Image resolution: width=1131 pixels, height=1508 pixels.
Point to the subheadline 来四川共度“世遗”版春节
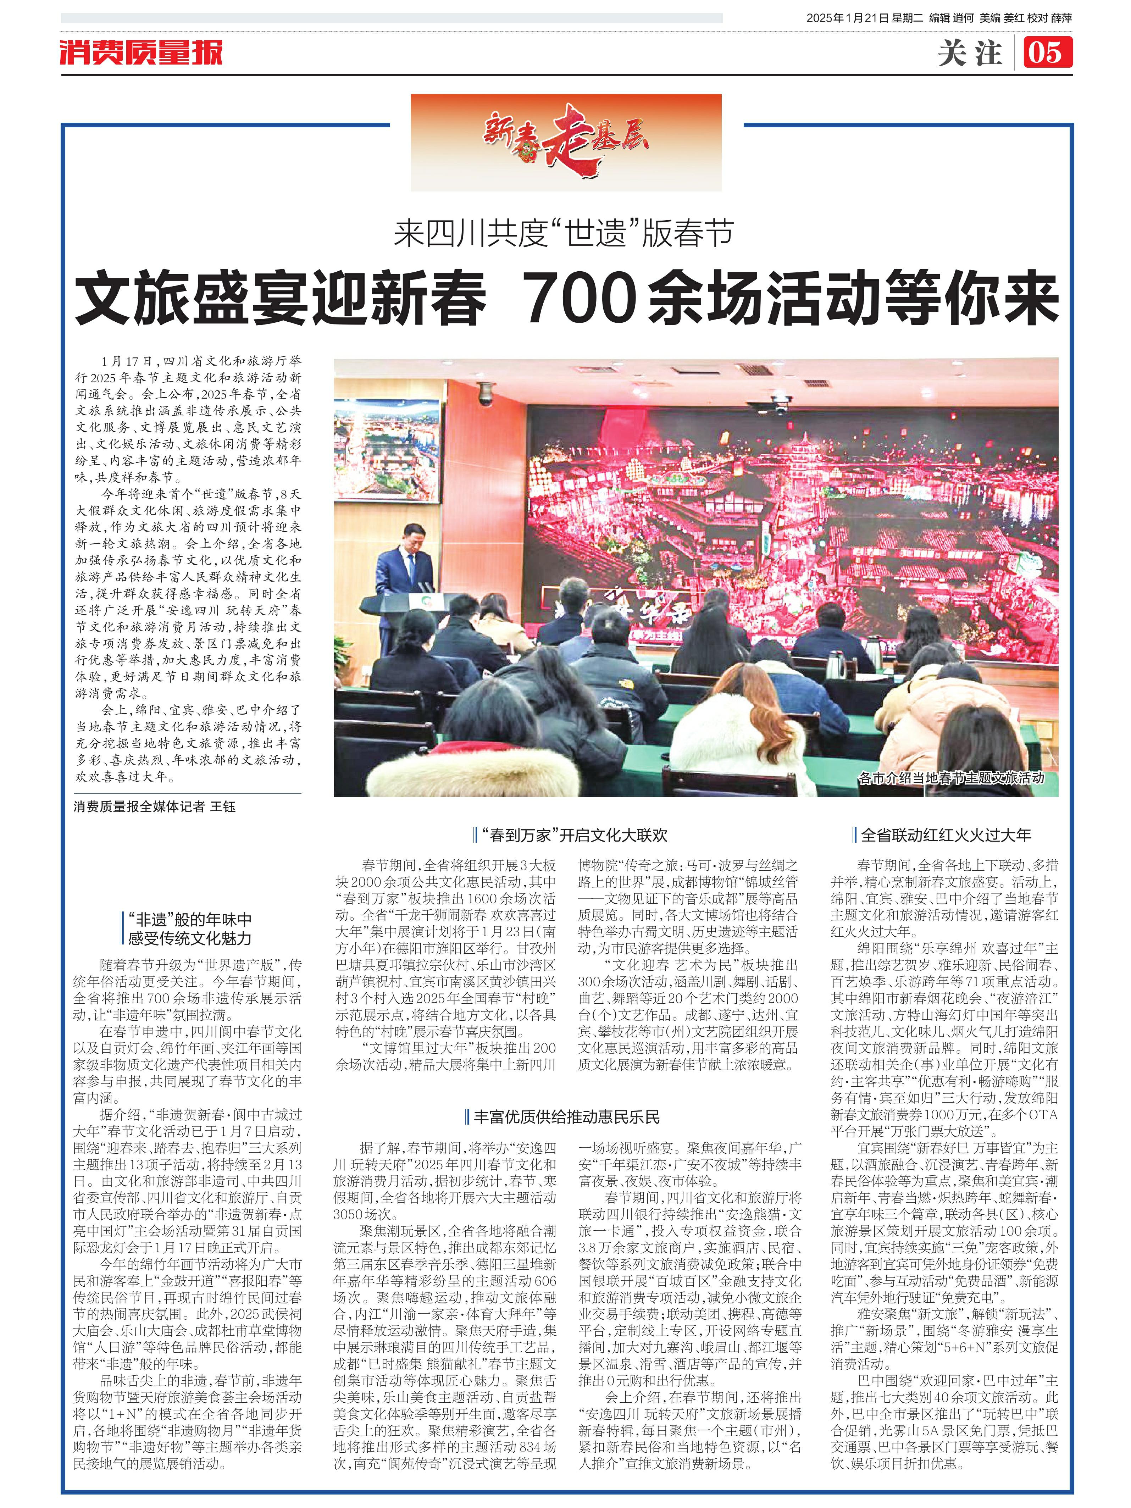coord(564,234)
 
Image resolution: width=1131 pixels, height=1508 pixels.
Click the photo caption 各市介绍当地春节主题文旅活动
coord(950,778)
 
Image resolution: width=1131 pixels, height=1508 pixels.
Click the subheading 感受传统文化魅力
coord(189,939)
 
